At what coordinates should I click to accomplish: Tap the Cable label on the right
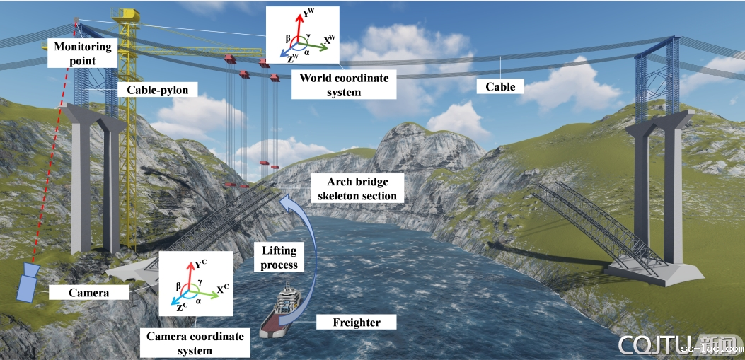click(500, 86)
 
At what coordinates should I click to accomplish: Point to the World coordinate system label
click(344, 85)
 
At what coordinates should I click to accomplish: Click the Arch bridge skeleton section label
click(357, 188)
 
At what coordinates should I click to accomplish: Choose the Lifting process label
click(279, 258)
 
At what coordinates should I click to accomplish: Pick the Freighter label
click(357, 323)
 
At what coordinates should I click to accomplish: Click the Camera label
click(88, 292)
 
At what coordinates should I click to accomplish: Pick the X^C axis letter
click(222, 289)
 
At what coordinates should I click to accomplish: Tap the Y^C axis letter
click(201, 267)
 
